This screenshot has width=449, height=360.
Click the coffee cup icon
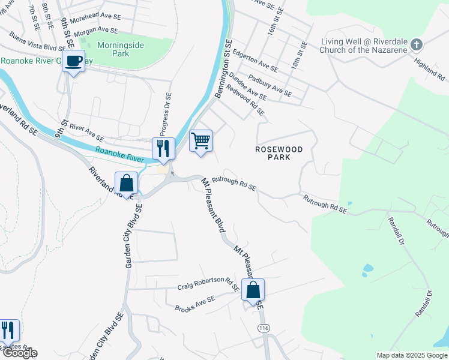pyautogui.click(x=73, y=61)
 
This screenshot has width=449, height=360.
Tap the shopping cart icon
pyautogui.click(x=200, y=142)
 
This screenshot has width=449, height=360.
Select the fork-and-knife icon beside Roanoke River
pyautogui.click(x=163, y=149)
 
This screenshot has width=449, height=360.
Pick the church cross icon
pyautogui.click(x=419, y=45)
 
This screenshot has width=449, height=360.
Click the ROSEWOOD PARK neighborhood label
pyautogui.click(x=279, y=153)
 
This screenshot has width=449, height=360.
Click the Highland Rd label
pyautogui.click(x=432, y=65)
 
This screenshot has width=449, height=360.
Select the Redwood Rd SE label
pyautogui.click(x=247, y=103)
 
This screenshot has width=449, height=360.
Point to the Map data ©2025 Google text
pyautogui.click(x=412, y=355)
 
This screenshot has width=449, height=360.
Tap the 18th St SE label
pyautogui.click(x=298, y=56)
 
